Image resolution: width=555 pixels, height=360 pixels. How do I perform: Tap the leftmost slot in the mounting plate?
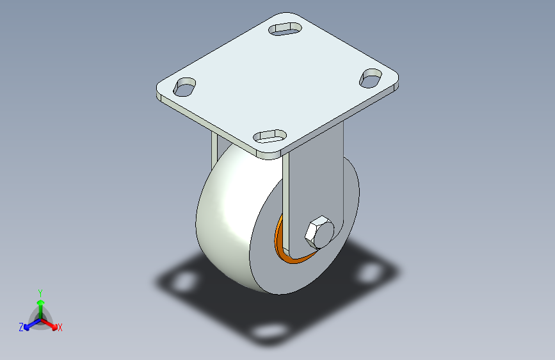[x=185, y=86]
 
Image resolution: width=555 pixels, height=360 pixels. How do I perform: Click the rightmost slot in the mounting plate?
[x=371, y=78]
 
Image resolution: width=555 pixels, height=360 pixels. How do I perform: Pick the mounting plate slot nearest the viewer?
[x=269, y=135]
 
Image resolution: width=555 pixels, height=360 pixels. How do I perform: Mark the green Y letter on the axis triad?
[x=40, y=292]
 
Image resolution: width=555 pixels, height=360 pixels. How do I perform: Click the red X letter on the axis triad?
[x=60, y=328]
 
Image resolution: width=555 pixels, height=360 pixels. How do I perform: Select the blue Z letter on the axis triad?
[x=21, y=327]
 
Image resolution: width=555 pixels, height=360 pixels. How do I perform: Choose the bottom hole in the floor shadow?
[x=269, y=331]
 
